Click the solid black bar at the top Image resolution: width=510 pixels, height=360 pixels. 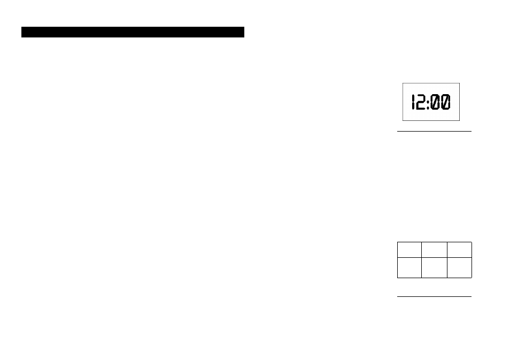pyautogui.click(x=133, y=32)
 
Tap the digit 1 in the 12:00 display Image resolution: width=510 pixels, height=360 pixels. pyautogui.click(x=413, y=102)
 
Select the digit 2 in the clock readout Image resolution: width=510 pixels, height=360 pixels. pyautogui.click(x=421, y=102)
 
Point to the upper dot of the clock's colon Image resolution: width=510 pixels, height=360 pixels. pyautogui.click(x=428, y=99)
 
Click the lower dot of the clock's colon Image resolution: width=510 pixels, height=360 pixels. pyautogui.click(x=428, y=106)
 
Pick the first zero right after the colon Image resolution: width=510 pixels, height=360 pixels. pyautogui.click(x=435, y=102)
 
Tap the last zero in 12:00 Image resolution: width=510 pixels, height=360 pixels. pyautogui.click(x=446, y=102)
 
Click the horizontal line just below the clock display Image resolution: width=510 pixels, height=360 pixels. pyautogui.click(x=434, y=131)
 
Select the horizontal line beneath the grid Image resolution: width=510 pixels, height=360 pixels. pyautogui.click(x=434, y=296)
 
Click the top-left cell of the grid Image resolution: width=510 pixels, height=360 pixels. pyautogui.click(x=409, y=250)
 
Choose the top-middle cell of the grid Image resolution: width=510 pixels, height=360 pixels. pyautogui.click(x=434, y=250)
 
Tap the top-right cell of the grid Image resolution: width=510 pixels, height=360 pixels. pyautogui.click(x=459, y=250)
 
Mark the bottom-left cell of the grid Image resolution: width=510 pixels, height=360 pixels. pyautogui.click(x=409, y=267)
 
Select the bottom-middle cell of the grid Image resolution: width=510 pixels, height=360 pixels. pyautogui.click(x=434, y=267)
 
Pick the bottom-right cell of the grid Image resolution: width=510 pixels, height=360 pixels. pyautogui.click(x=459, y=267)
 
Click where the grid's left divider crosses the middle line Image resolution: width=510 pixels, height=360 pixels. pyautogui.click(x=422, y=257)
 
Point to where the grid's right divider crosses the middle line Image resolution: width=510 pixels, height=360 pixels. pyautogui.click(x=447, y=257)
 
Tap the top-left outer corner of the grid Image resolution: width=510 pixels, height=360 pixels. pyautogui.click(x=397, y=242)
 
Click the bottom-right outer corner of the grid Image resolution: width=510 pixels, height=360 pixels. pyautogui.click(x=472, y=278)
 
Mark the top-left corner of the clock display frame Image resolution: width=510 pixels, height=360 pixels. pyautogui.click(x=403, y=83)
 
